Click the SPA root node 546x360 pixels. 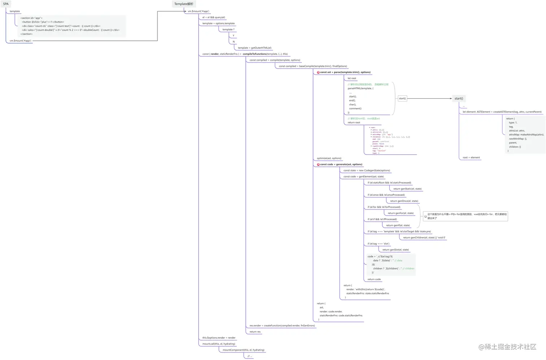point(6,4)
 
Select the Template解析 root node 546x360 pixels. point(184,4)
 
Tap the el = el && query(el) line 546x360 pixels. point(214,17)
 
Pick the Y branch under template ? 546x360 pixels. point(233,35)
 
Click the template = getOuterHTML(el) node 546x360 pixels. point(255,48)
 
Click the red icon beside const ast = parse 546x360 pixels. point(318,72)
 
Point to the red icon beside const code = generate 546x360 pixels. point(318,164)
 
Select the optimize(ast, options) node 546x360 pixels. point(329,158)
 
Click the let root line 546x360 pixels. point(352,78)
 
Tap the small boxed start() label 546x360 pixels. point(402,98)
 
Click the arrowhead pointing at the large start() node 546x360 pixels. point(451,98)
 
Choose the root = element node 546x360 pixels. point(471,157)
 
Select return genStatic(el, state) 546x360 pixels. point(407,189)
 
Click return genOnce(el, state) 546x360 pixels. point(404,201)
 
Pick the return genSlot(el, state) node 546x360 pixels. point(396,250)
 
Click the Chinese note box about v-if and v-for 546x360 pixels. point(466,216)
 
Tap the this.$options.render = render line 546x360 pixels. point(219,338)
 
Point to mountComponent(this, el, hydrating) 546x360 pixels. point(243,350)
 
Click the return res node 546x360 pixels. point(255,331)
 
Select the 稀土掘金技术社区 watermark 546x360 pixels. point(507,347)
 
